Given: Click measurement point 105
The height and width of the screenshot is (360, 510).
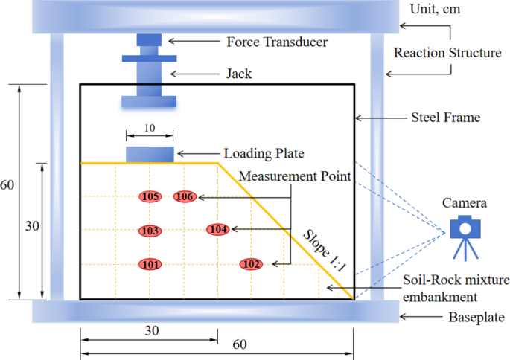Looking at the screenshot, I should click(150, 197).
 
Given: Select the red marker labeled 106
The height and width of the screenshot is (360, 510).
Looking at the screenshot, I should click(185, 197).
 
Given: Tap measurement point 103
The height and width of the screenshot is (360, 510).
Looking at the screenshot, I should click(150, 231).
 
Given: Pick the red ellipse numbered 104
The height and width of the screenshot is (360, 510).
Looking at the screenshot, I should click(218, 230).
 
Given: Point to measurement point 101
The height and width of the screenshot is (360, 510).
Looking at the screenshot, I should click(150, 264).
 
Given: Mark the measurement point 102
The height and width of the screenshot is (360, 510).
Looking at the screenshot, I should click(251, 264).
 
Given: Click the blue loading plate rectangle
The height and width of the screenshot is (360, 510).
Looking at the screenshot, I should click(150, 154).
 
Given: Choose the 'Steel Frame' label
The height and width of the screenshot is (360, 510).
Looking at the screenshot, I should click(446, 118).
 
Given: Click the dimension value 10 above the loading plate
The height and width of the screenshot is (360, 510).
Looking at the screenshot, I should click(150, 128).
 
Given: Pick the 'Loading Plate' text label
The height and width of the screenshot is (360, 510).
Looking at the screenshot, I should click(264, 154).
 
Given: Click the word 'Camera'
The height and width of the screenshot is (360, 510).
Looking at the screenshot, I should click(465, 202).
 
